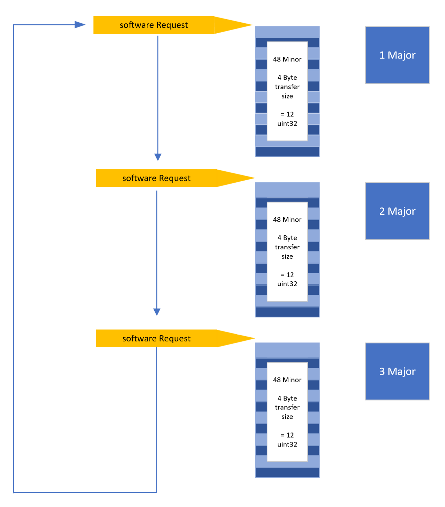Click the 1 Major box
click(x=397, y=55)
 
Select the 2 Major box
click(x=397, y=211)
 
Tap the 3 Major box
click(x=397, y=371)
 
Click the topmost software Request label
click(x=154, y=25)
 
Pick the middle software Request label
click(x=156, y=178)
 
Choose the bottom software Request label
click(x=156, y=339)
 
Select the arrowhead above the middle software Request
click(x=158, y=157)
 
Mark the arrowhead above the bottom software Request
click(x=157, y=312)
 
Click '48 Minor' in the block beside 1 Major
click(x=287, y=59)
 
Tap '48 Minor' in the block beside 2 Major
click(x=287, y=219)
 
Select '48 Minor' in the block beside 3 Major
click(x=287, y=380)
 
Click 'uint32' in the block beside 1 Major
click(x=287, y=124)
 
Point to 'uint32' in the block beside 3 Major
click(x=287, y=444)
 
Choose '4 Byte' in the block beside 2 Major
click(x=287, y=238)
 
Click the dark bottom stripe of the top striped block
click(x=287, y=151)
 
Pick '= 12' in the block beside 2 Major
click(x=287, y=275)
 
